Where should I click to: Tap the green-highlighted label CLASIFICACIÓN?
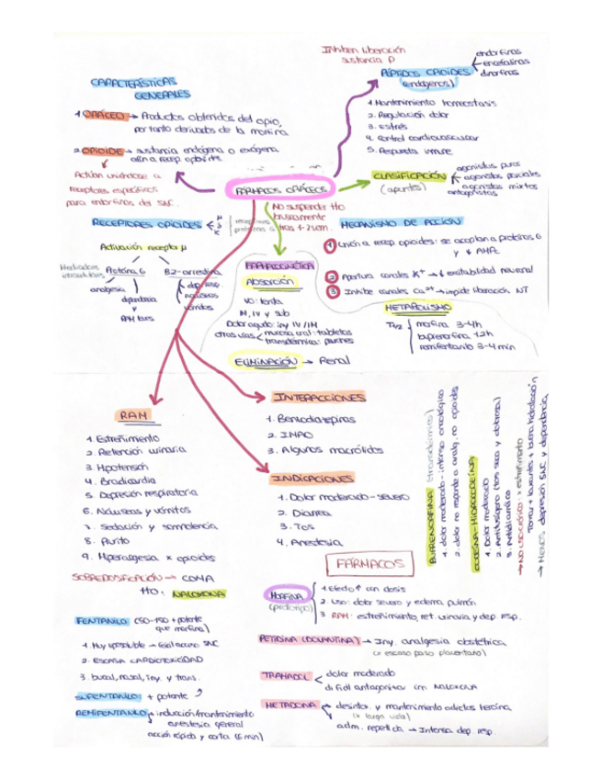[x=409, y=175]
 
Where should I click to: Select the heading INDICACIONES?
[x=312, y=479]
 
